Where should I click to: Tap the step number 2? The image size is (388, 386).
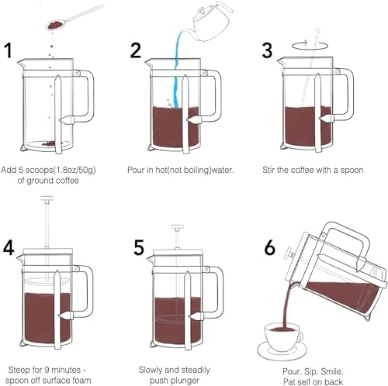click(x=137, y=51)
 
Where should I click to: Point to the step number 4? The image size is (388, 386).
click(x=10, y=248)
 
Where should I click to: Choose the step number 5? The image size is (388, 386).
click(x=139, y=248)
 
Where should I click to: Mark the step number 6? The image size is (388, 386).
click(x=269, y=248)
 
